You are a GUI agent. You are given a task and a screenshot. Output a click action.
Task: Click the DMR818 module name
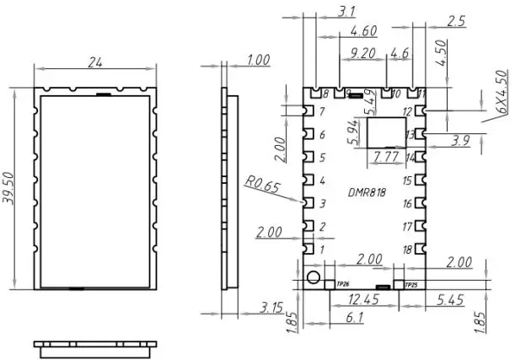pyautogui.click(x=367, y=192)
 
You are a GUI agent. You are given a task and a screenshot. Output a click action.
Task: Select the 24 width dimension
pyautogui.click(x=95, y=62)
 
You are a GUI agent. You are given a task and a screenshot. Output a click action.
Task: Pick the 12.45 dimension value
pyautogui.click(x=362, y=300)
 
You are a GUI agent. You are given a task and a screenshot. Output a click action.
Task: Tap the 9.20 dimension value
pyautogui.click(x=363, y=53)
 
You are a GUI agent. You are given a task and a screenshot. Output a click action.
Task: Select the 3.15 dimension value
pyautogui.click(x=271, y=307)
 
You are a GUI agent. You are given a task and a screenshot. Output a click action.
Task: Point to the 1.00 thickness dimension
pyautogui.click(x=258, y=60)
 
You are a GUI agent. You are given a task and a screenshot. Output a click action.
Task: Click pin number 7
pyautogui.click(x=321, y=112)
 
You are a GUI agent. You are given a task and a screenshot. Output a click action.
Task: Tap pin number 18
pyautogui.click(x=407, y=250)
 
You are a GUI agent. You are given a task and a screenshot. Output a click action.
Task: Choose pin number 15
pyautogui.click(x=407, y=181)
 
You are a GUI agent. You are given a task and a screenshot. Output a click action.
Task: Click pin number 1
pyautogui.click(x=321, y=250)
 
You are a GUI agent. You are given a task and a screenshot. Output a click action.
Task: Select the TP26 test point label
pyautogui.click(x=342, y=285)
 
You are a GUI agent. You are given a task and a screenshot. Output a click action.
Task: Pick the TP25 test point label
pyautogui.click(x=411, y=285)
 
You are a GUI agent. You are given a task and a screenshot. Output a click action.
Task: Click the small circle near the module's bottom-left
pyautogui.click(x=314, y=278)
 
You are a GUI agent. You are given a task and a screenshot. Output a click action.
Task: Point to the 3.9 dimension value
pyautogui.click(x=460, y=141)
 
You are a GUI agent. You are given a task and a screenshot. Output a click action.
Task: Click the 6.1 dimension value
pyautogui.click(x=355, y=317)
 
